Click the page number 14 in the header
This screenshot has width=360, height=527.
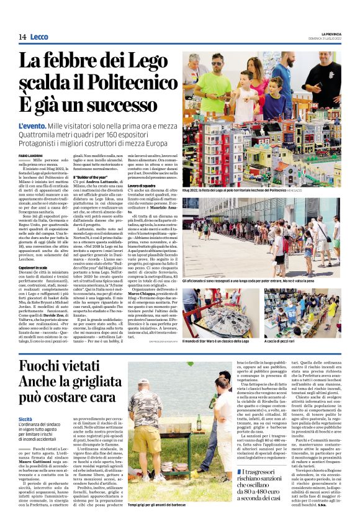22,37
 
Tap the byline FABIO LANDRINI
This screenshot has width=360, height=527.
30,155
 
